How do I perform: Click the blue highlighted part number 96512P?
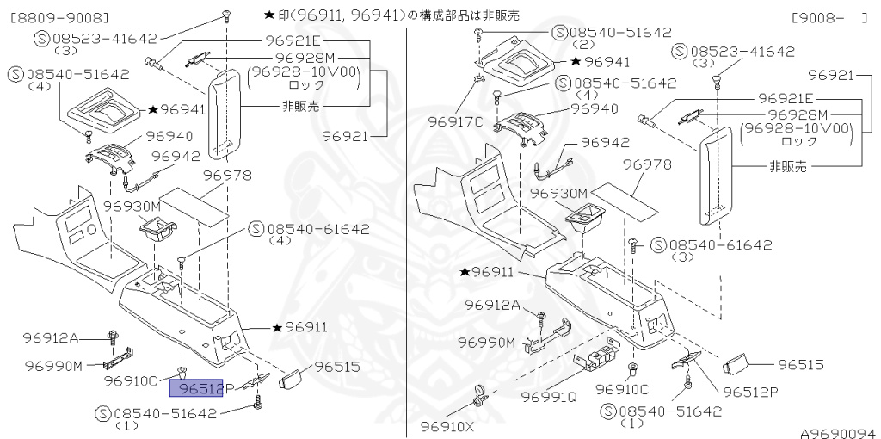(x=197, y=388)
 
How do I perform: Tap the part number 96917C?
(x=455, y=121)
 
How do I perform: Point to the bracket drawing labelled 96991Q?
(x=601, y=355)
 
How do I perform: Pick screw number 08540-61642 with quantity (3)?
(x=711, y=244)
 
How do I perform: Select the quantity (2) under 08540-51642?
(x=582, y=45)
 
